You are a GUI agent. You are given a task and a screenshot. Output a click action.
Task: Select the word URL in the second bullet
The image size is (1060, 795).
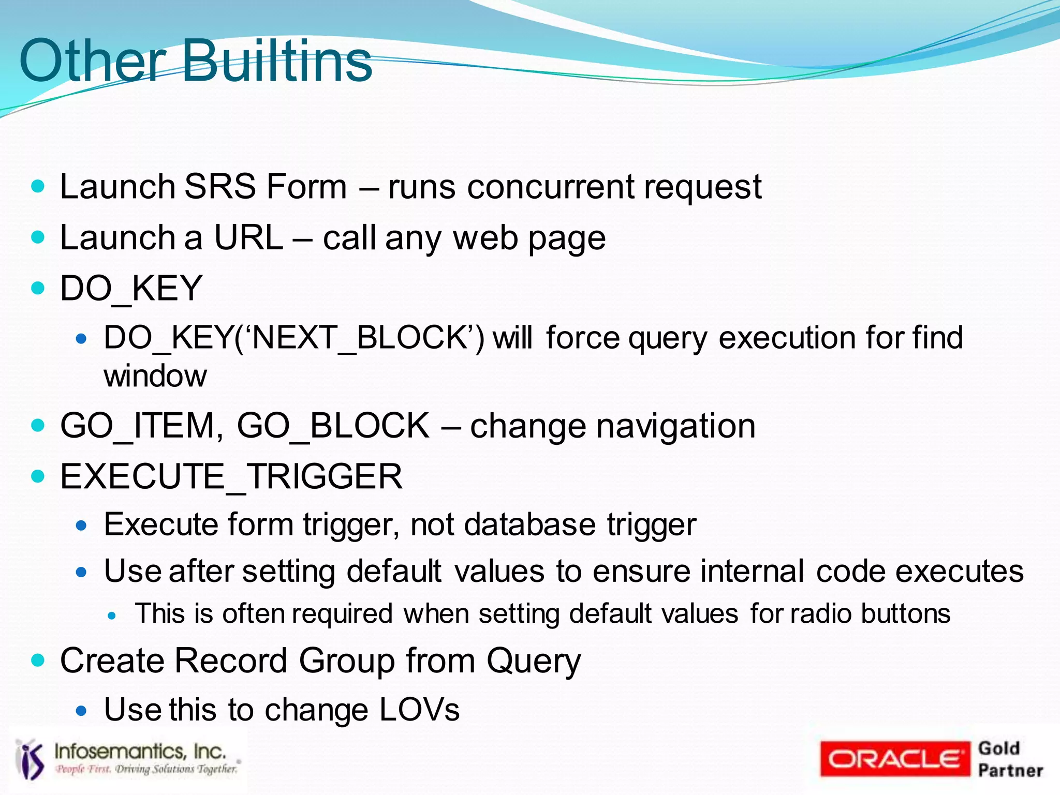click(x=248, y=238)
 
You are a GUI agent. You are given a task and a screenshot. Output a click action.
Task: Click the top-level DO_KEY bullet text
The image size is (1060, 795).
click(x=131, y=288)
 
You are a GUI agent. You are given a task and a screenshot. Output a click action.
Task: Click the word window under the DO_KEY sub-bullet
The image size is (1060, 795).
click(x=155, y=376)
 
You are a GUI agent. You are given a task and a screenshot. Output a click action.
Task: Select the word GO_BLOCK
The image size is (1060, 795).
click(x=333, y=426)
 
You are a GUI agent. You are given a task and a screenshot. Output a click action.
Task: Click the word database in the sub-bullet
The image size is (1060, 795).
click(x=530, y=524)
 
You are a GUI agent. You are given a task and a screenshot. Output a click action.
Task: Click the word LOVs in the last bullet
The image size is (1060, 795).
click(x=419, y=710)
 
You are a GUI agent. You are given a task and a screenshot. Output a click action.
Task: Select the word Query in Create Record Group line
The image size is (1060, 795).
click(x=534, y=661)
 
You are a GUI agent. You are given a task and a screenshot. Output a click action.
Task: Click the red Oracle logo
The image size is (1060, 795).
click(x=895, y=759)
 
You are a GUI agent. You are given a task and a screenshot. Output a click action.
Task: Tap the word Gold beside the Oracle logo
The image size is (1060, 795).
click(x=999, y=748)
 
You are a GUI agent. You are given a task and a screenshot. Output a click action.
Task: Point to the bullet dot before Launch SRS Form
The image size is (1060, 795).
click(x=38, y=186)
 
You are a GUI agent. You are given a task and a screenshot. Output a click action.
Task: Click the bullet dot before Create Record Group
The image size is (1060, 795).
click(x=38, y=661)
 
